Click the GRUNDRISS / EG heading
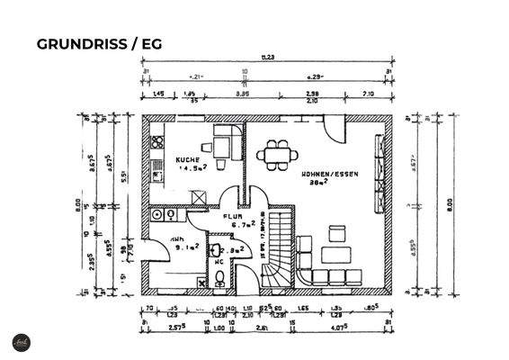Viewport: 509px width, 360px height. point(98,43)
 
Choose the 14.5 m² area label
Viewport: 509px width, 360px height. point(191,167)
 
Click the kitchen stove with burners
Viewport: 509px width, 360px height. point(157,144)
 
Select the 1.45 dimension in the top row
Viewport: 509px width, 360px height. point(158,93)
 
